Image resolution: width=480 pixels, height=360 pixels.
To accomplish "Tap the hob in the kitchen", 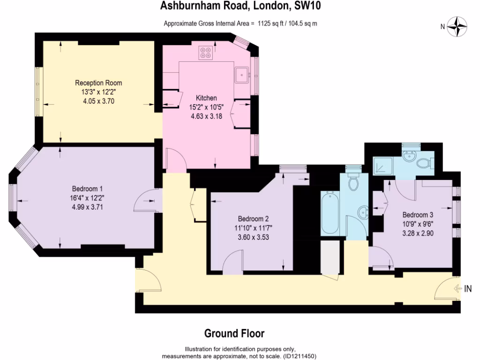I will (x=205, y=52).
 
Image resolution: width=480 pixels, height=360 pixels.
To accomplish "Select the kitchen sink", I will (x=242, y=74).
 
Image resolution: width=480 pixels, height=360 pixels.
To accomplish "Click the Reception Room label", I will (x=98, y=83).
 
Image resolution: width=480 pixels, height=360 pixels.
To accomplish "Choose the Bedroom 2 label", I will (x=253, y=219).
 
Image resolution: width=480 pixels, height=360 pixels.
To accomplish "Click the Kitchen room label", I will (x=206, y=98).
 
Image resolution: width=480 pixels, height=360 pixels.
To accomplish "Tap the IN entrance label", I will (x=468, y=289).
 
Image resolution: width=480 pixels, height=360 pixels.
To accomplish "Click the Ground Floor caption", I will (x=234, y=334).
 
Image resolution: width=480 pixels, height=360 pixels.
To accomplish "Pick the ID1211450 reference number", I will (x=299, y=356).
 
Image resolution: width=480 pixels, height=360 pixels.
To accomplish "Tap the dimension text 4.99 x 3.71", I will (x=87, y=206).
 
